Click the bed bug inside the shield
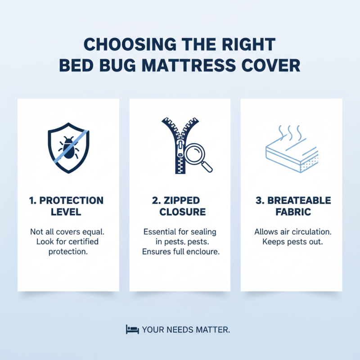(x=68, y=146)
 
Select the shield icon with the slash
(x=68, y=146)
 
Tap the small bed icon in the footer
(x=131, y=329)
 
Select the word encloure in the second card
(x=202, y=252)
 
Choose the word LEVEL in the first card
(x=68, y=212)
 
